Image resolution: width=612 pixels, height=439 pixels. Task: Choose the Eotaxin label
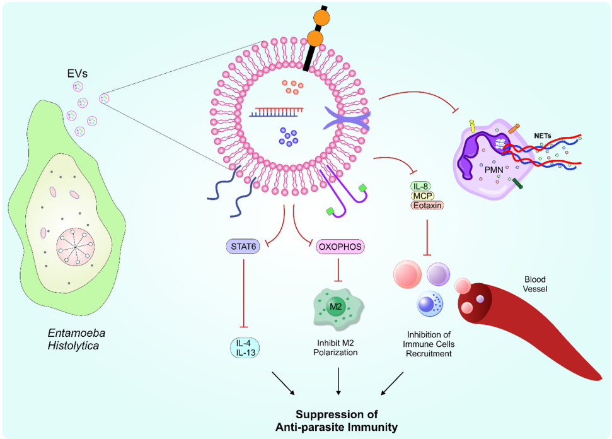point(427,205)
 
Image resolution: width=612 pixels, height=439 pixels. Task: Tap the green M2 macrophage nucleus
point(337,307)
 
